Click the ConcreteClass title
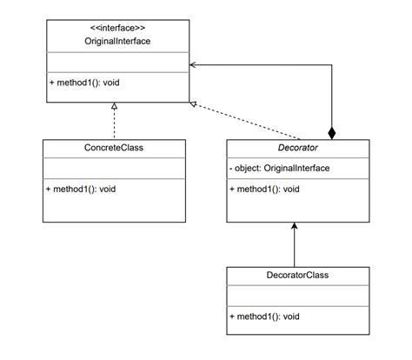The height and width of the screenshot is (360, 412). tap(115, 148)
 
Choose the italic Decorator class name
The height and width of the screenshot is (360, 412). tap(296, 148)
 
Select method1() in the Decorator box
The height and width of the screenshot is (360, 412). tap(265, 188)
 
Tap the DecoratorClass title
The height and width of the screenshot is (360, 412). tap(296, 276)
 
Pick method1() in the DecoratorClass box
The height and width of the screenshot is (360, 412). tap(265, 317)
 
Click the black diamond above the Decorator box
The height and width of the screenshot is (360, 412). tap(330, 132)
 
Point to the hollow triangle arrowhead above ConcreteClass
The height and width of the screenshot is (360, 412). tap(115, 106)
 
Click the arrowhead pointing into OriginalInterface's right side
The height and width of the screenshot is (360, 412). tap(193, 64)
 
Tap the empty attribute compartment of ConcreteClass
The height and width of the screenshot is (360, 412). tap(115, 168)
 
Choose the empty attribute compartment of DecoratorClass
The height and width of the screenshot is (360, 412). tap(296, 297)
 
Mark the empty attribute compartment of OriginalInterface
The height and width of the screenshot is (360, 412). tap(115, 61)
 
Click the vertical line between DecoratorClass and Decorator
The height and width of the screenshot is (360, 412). tap(296, 248)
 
